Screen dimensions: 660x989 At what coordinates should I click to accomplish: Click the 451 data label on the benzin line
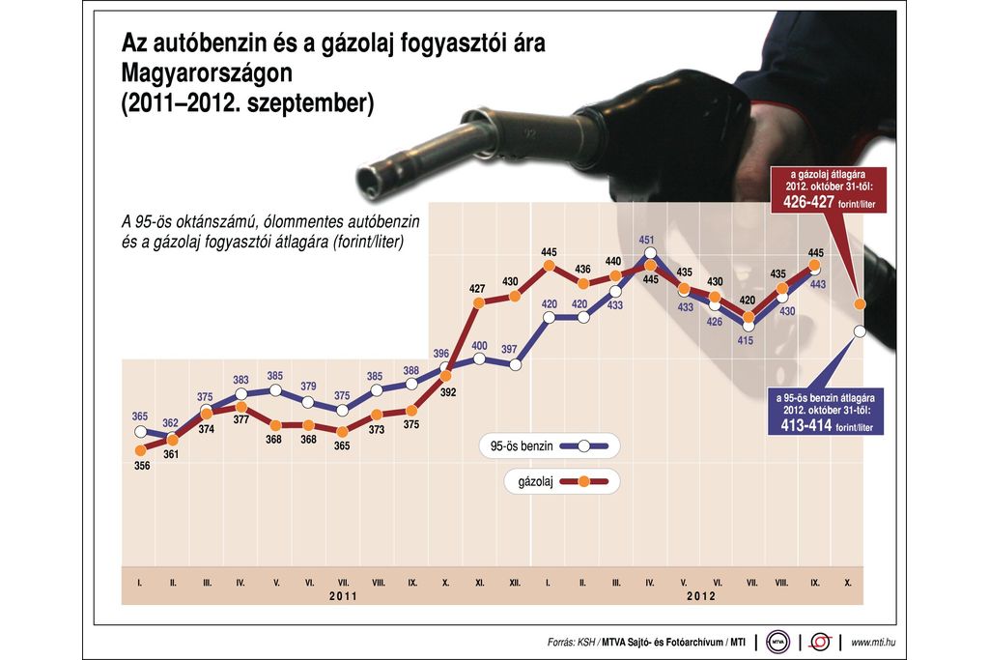[x=647, y=240]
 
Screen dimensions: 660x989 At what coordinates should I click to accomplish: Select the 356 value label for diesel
[x=141, y=466]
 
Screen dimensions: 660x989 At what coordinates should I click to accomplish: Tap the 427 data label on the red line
[x=477, y=288]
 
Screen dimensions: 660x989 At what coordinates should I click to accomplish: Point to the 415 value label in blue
[x=745, y=340]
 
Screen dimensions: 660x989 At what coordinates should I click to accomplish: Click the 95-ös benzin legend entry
[x=547, y=445]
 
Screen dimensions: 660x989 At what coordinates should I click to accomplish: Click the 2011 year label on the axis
[x=343, y=597]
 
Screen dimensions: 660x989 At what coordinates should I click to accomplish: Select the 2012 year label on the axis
[x=700, y=597]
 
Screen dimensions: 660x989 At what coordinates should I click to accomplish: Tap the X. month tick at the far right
[x=847, y=583]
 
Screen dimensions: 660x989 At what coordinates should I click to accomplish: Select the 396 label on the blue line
[x=441, y=353]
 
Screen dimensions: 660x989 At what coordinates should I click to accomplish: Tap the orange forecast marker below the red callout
[x=860, y=304]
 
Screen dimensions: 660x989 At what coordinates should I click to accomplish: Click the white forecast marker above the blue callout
[x=860, y=332]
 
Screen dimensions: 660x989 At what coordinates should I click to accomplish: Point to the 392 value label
[x=448, y=393]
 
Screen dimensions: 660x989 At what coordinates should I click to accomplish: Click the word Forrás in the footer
[x=561, y=642]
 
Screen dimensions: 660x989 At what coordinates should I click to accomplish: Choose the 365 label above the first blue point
[x=141, y=416]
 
